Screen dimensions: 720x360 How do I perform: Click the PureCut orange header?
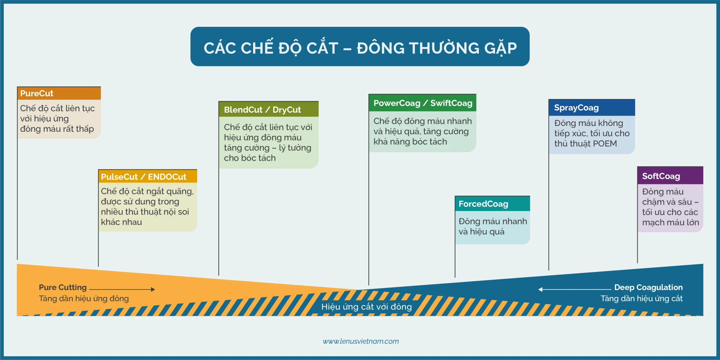point(59,93)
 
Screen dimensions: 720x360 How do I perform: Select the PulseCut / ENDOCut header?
point(148,176)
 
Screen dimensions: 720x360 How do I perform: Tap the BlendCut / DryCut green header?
point(269,109)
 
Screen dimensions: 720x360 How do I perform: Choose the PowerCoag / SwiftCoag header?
point(422,103)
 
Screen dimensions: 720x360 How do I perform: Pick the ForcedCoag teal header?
point(492,204)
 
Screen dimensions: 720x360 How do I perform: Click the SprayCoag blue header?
point(592,108)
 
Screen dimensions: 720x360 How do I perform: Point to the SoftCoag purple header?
point(670,176)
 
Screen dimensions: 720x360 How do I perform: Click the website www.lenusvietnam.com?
point(361,341)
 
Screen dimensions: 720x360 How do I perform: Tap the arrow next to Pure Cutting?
point(122,289)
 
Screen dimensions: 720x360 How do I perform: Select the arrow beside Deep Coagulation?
point(575,289)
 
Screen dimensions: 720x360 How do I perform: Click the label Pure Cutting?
point(63,287)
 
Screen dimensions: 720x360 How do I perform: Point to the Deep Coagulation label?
point(648,287)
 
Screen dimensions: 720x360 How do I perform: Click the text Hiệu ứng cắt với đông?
point(366,307)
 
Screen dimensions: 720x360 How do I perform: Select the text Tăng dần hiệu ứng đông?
point(84,298)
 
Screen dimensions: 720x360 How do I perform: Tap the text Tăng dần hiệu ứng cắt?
point(642,298)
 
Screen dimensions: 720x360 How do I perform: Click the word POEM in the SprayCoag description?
point(605,143)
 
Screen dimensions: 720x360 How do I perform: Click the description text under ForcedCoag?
point(493,226)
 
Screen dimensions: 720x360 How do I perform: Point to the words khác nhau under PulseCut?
point(121,222)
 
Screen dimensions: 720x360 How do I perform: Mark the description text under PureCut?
point(57,118)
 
